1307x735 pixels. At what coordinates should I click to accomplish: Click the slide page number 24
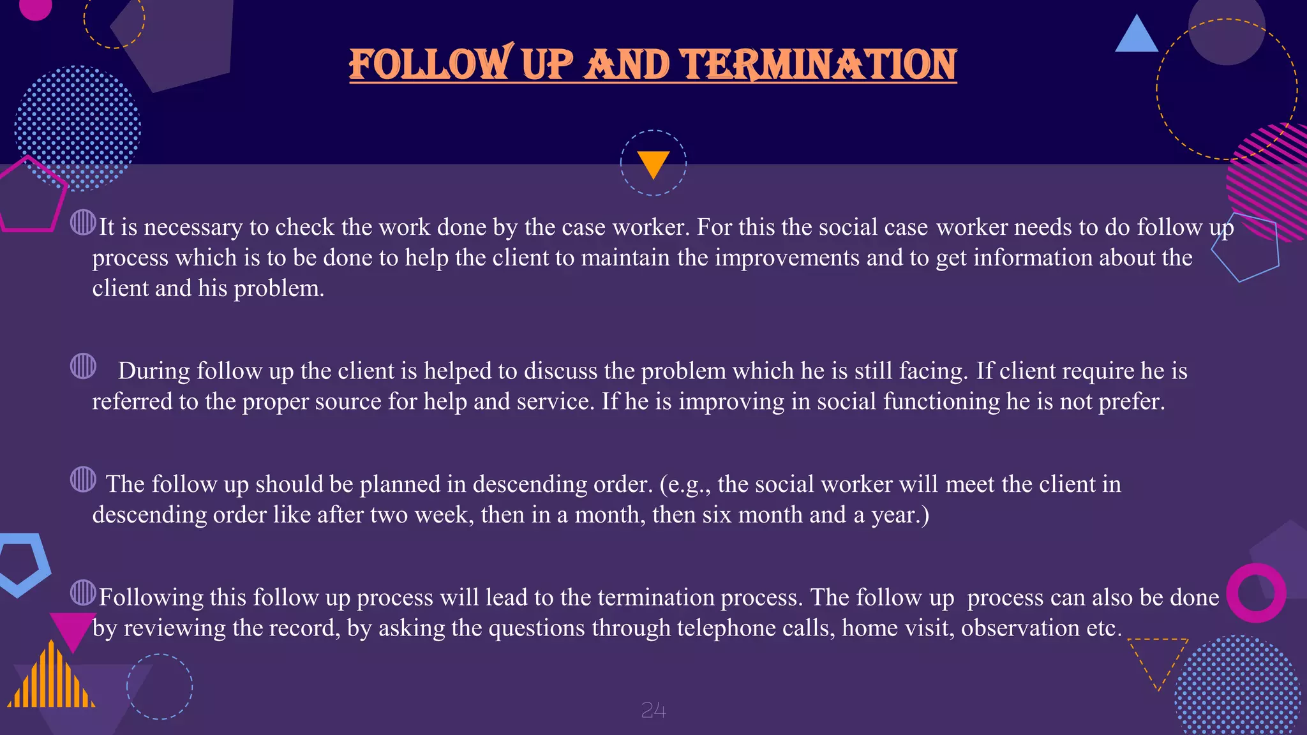pos(653,710)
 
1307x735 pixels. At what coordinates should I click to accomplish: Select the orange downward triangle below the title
pos(653,163)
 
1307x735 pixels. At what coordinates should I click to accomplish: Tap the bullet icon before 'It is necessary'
pos(83,223)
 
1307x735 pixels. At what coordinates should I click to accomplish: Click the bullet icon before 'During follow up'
pos(83,366)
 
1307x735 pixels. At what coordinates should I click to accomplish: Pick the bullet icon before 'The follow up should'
pos(83,479)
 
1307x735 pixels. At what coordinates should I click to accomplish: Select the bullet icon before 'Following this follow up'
pos(83,593)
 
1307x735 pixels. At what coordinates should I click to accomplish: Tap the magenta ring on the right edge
pos(1256,593)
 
